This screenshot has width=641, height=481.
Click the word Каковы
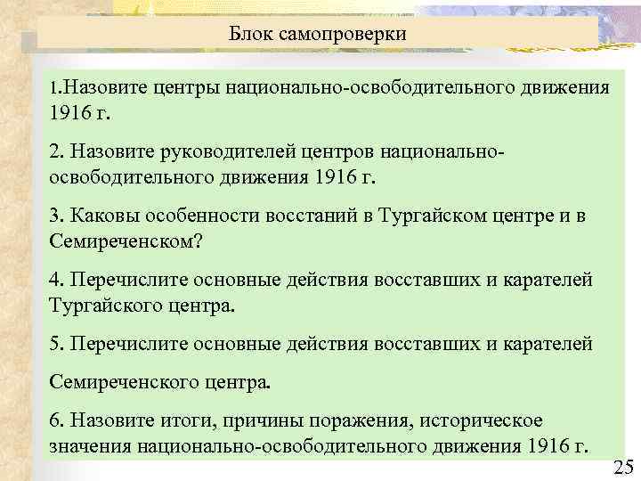tap(100, 216)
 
